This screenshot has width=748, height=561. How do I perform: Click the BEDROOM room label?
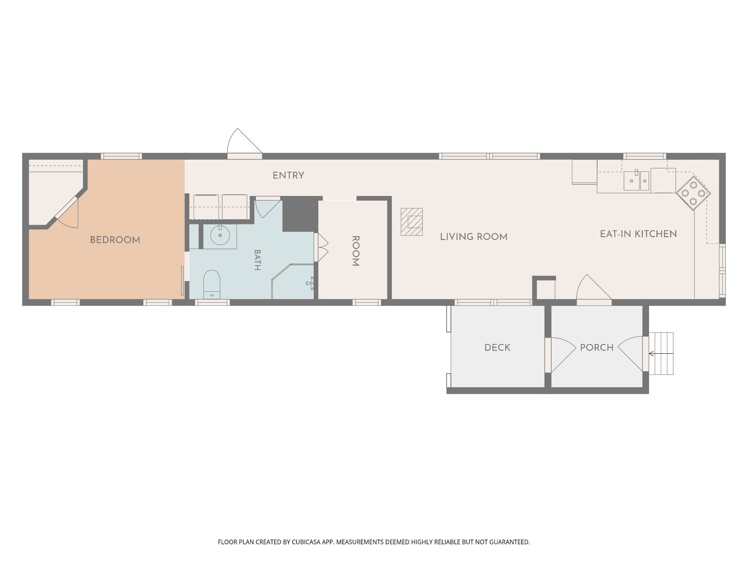[115, 240]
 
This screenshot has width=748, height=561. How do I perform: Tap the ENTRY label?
[288, 176]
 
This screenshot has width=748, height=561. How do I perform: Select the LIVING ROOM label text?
[474, 237]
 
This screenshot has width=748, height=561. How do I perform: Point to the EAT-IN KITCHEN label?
[638, 234]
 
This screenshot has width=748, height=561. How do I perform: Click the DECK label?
[497, 348]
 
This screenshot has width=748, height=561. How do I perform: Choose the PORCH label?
[597, 348]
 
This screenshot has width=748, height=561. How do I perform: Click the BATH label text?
[257, 260]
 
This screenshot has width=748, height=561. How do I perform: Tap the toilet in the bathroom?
[212, 284]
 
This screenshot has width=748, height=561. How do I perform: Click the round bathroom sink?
[220, 236]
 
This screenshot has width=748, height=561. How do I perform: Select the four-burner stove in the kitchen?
[693, 193]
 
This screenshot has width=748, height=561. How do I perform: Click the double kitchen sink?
[636, 181]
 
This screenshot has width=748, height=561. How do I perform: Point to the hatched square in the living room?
[412, 222]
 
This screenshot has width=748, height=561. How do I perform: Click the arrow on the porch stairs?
[661, 354]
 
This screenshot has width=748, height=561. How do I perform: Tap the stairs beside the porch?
[661, 354]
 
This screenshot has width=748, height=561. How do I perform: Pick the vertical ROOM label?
[355, 251]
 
